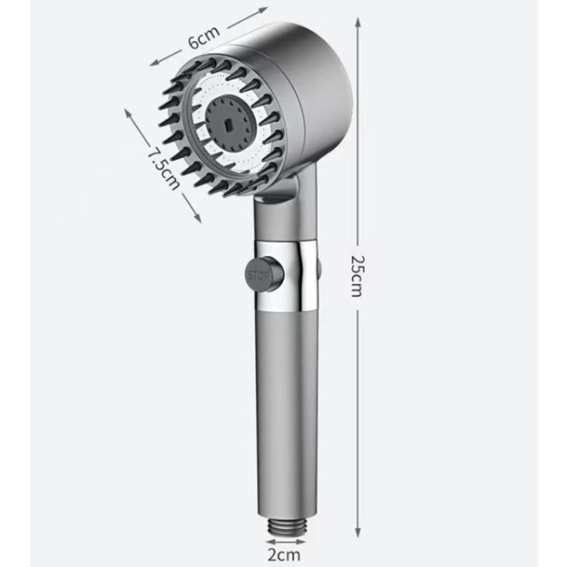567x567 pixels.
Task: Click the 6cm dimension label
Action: pos(204,37)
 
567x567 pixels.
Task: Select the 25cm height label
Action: pos(357,276)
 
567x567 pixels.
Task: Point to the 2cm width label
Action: pos(284,555)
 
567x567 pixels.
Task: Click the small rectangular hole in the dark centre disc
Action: pos(228,125)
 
